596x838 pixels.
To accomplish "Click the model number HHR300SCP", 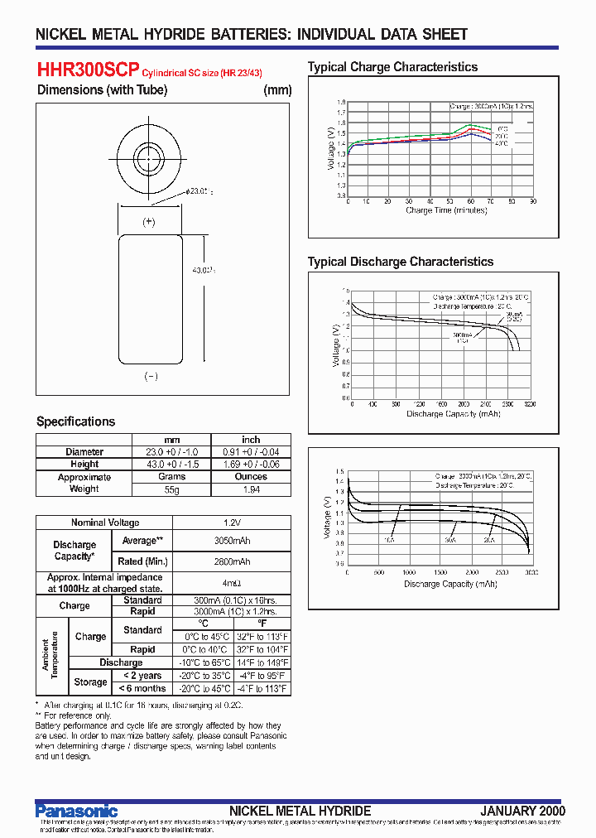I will (89, 70).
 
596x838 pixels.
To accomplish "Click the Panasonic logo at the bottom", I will (77, 811).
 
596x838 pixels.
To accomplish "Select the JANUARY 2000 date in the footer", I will (521, 811).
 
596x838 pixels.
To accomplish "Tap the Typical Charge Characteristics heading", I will (392, 67).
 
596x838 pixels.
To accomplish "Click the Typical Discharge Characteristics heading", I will (400, 262).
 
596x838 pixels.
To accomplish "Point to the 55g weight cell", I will (171, 489).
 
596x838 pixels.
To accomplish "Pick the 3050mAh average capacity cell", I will (232, 541).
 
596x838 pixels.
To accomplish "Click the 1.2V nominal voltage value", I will (232, 523).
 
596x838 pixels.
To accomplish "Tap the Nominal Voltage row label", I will (104, 523).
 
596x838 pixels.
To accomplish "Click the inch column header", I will (251, 440).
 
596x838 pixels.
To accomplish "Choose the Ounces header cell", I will (251, 477).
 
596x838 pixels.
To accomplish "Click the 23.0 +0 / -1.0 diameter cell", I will (171, 452).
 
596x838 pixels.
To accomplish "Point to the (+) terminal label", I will (149, 221).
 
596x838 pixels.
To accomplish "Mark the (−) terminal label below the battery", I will (151, 376).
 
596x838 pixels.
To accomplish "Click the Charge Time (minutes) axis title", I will (440, 210).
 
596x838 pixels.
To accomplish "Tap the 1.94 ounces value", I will (251, 489).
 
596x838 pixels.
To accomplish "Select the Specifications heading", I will (76, 421).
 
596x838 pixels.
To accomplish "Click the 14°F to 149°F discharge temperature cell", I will (261, 662).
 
